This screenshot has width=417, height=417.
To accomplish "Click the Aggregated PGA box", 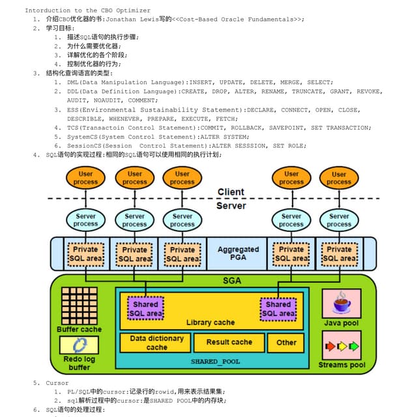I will click(x=238, y=254).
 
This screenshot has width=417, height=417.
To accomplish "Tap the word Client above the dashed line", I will click(x=231, y=192).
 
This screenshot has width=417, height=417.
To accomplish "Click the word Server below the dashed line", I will click(x=231, y=206).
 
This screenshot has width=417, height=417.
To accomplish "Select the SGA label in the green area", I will click(x=232, y=280).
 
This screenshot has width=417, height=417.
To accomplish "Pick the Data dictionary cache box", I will click(x=156, y=343).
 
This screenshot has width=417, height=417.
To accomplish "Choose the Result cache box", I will click(x=229, y=342).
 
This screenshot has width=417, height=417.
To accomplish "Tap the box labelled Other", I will click(x=286, y=342).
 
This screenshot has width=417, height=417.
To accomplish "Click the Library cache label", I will click(x=210, y=323).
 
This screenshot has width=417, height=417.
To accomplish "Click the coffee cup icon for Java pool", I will click(x=341, y=303).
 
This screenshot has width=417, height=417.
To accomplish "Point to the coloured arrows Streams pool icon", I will click(x=341, y=346).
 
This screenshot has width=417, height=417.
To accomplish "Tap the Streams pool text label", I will click(x=341, y=365).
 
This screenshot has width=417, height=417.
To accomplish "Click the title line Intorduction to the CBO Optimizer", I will click(x=87, y=10).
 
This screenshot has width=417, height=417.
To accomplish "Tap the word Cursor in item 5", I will click(x=57, y=383).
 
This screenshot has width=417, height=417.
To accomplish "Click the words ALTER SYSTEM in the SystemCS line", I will click(x=223, y=137).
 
